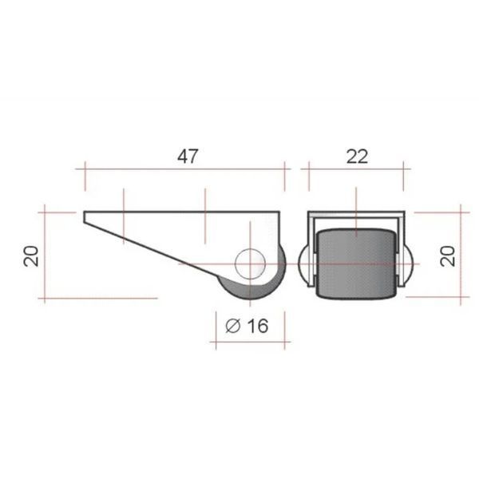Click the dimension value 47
pos(188,156)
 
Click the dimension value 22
pos(357,156)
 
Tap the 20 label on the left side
pos(31,256)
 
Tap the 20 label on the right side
pos(448,256)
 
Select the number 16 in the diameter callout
pos(258,326)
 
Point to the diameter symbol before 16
pos(233,326)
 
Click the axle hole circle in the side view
pos(250,264)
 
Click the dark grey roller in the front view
pos(356,263)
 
